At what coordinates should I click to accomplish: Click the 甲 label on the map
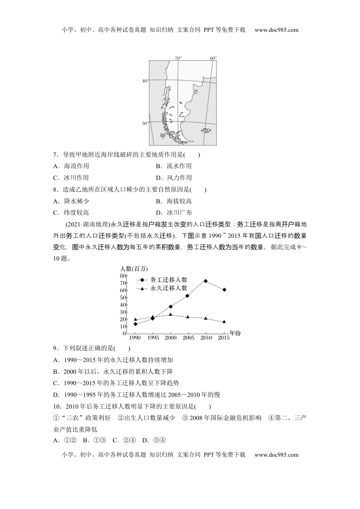(163, 136)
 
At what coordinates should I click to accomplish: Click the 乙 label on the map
(182, 114)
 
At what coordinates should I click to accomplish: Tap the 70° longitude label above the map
(178, 58)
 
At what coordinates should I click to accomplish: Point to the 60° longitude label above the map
(213, 58)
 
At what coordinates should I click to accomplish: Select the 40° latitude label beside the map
(145, 81)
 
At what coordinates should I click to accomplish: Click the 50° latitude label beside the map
(145, 123)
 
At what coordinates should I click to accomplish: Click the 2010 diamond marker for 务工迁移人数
(205, 281)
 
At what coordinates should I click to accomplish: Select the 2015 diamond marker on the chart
(224, 289)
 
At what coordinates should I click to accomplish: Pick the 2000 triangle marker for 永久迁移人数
(171, 314)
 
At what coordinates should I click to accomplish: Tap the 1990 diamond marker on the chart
(135, 324)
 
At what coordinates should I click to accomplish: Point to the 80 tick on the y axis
(123, 276)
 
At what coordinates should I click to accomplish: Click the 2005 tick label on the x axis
(188, 338)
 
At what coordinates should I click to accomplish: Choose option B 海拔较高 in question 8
(174, 201)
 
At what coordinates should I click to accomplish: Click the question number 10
(58, 406)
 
